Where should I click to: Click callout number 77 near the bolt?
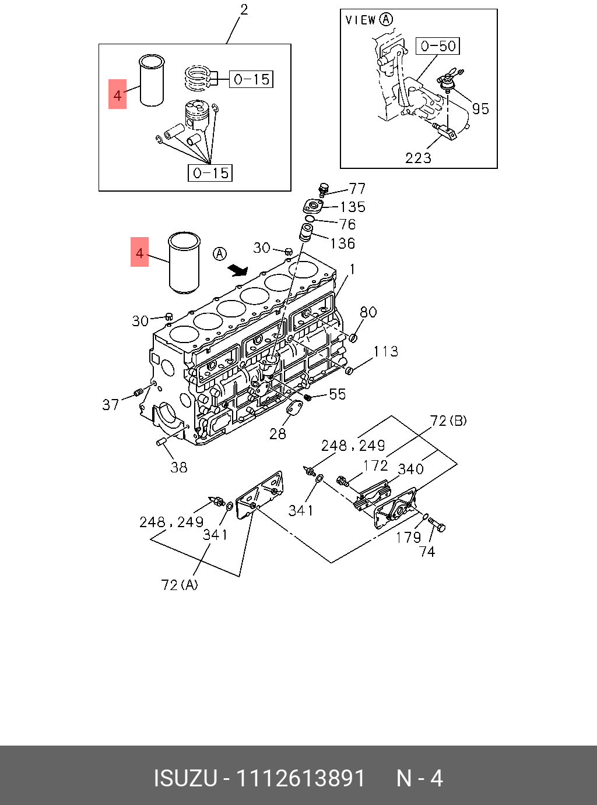(357, 188)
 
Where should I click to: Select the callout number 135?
(352, 207)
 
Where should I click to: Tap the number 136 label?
(342, 243)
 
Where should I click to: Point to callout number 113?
(385, 351)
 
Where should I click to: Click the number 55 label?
(338, 394)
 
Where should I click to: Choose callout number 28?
(278, 433)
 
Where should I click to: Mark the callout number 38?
(179, 467)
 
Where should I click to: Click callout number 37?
(111, 404)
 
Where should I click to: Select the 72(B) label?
(448, 421)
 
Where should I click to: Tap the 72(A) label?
(180, 584)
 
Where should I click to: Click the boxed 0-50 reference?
(438, 46)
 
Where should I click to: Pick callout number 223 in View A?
(418, 158)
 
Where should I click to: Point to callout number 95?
(480, 109)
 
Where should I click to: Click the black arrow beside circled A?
(238, 270)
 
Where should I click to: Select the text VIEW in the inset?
(360, 20)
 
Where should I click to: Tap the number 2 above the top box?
(244, 9)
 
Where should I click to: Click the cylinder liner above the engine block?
(184, 262)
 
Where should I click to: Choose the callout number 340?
(410, 469)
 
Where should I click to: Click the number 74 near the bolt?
(427, 552)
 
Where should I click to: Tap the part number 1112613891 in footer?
(300, 778)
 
